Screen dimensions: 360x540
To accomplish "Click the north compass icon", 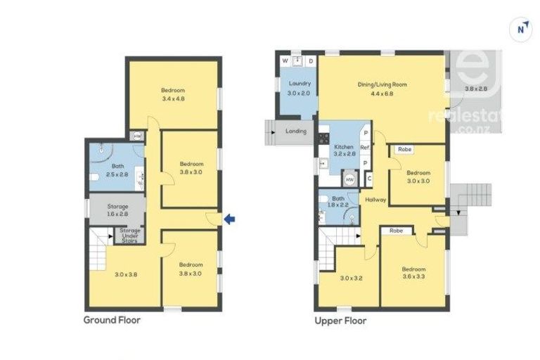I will tap(520, 29).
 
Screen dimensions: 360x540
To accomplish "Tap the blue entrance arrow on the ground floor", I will tap(229, 220).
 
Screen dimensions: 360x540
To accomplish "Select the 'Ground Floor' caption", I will tap(112, 320).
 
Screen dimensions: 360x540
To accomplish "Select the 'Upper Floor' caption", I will tap(340, 320).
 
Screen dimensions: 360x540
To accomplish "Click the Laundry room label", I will tap(300, 84).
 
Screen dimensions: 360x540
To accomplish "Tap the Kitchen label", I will tap(342, 147).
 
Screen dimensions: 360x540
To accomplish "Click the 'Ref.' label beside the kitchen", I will tap(365, 148).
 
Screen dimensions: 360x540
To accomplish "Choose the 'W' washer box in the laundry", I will tap(285, 61).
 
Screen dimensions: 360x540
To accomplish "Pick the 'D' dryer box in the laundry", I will tap(311, 61).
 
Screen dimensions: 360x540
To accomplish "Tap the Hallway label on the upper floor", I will tap(375, 200).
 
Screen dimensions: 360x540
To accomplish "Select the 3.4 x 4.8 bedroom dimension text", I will tap(173, 99).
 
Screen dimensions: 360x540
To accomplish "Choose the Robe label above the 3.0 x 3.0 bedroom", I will tap(404, 149).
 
